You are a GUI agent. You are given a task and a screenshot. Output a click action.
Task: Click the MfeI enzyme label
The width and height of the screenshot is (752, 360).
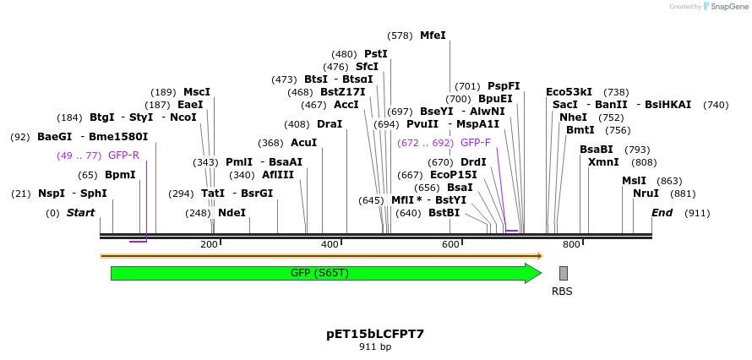coord(432,35)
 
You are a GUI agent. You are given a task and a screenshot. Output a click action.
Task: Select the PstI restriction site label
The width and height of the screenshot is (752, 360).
coord(376,54)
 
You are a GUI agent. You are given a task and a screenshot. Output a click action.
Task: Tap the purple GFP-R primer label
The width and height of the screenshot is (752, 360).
coord(123,155)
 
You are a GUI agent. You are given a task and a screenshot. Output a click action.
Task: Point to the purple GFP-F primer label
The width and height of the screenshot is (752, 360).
coord(476,143)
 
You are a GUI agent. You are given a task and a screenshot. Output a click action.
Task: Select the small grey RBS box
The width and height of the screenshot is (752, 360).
coord(563,273)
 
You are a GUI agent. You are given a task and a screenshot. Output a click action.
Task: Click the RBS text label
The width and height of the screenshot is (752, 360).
coord(562,292)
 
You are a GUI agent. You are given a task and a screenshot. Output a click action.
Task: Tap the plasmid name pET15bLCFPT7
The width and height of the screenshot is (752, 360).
coord(375,334)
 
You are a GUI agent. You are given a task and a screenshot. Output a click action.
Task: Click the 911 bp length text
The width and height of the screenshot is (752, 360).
coord(375,347)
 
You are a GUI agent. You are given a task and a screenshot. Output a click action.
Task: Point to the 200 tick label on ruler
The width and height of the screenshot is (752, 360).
coord(209,244)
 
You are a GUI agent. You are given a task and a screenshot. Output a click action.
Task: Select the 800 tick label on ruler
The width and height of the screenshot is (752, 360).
coord(571,244)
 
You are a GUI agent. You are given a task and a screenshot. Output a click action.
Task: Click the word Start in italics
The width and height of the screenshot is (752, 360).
coord(81,213)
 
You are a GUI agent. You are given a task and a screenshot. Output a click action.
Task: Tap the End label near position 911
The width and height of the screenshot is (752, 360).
coord(662,213)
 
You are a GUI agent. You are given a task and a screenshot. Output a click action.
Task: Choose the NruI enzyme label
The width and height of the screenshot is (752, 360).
coord(646,194)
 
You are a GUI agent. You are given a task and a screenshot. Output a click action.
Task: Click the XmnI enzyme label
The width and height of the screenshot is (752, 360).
coord(603,162)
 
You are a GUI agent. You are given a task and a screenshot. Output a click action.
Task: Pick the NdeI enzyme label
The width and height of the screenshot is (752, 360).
coord(232,213)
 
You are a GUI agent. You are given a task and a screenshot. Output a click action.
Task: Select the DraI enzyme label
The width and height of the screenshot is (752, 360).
coord(330,124)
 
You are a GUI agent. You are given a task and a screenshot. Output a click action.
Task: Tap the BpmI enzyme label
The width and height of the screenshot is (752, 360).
coord(120,175)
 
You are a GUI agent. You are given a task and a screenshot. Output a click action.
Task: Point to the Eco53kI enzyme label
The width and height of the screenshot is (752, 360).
coord(569,92)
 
